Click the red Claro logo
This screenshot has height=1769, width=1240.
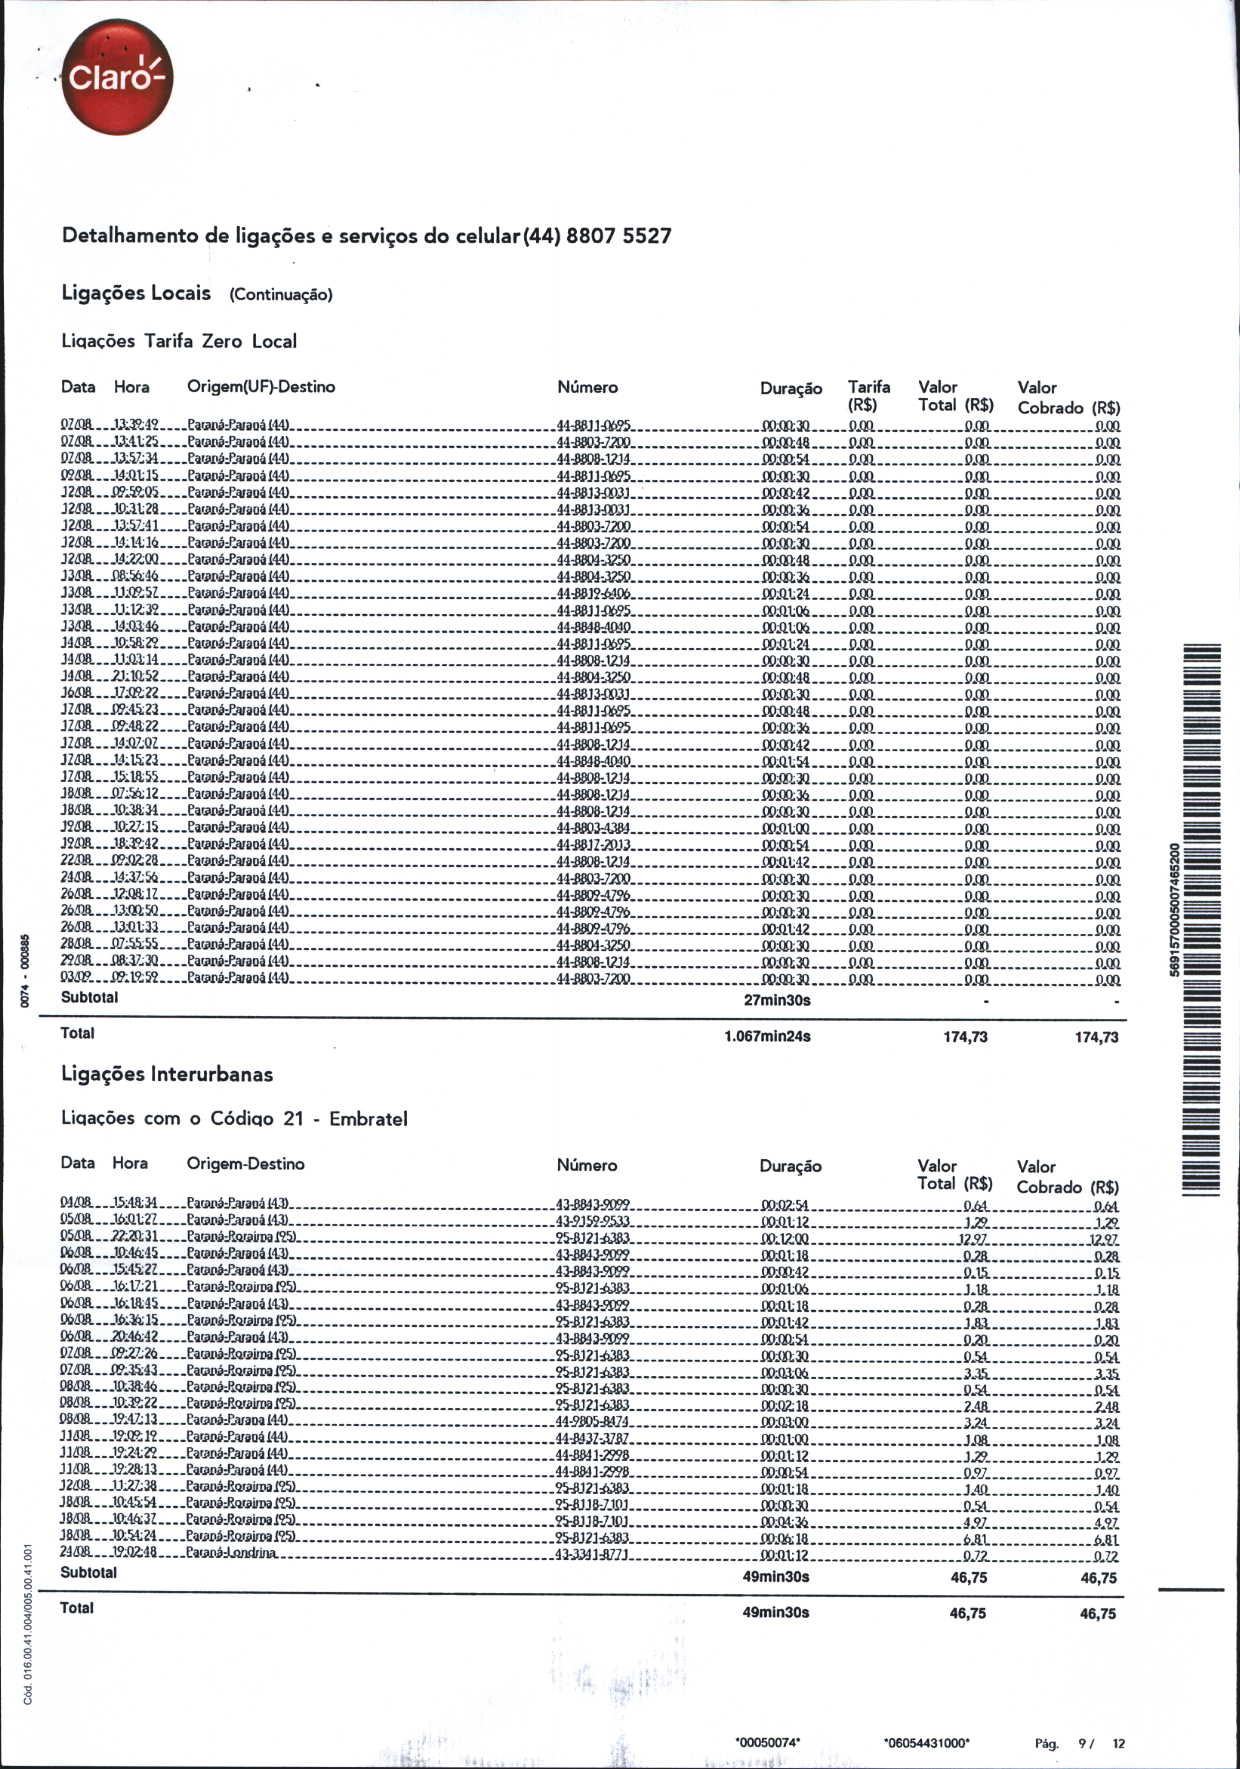point(117,77)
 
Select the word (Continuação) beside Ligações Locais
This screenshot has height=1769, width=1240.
point(280,294)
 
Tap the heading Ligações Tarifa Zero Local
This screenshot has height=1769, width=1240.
point(179,341)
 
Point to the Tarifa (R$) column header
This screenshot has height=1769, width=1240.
point(868,396)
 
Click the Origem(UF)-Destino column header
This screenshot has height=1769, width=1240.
point(261,387)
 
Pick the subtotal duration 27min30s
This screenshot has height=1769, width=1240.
point(777,1000)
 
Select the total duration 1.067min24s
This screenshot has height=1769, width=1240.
point(767,1036)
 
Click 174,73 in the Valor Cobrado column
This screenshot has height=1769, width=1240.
point(1096,1037)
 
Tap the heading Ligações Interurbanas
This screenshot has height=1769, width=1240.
point(167,1074)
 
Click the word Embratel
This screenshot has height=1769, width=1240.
point(368,1118)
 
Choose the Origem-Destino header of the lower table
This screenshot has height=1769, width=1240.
point(245,1164)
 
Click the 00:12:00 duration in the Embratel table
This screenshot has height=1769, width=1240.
point(785,1239)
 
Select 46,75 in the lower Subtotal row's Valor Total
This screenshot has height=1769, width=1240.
point(968,1577)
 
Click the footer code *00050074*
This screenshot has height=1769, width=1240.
point(767,1742)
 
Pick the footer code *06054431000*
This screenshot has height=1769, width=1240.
point(927,1742)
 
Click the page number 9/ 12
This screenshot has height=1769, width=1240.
point(1101,1743)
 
